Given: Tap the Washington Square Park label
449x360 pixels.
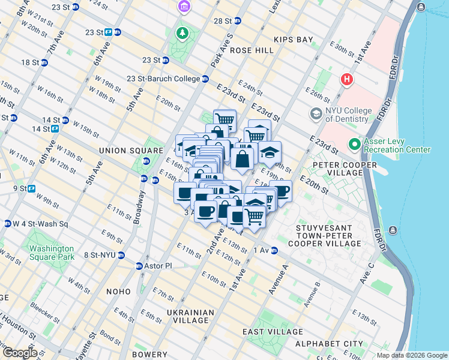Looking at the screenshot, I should point(51,253).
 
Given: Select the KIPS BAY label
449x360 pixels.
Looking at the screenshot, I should point(294,40).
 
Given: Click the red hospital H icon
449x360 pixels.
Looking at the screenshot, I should point(346,79).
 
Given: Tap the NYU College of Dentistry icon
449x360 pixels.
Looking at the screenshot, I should point(316,113).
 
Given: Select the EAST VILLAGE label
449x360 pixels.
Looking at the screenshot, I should point(273,332).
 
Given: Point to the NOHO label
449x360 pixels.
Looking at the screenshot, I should point(118,292).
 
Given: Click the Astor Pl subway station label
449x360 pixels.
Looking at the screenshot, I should point(157,266).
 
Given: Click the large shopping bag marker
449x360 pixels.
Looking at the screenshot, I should point(243,160).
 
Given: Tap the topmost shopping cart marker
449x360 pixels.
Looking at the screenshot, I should point(224,119).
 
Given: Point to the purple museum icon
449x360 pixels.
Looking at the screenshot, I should point(182,7).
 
